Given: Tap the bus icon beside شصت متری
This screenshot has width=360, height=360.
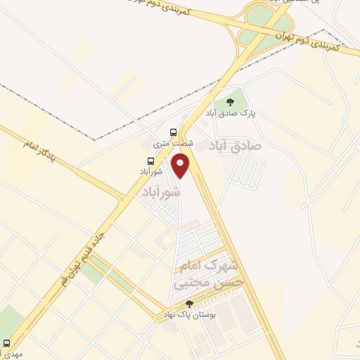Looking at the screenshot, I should tap(173, 131).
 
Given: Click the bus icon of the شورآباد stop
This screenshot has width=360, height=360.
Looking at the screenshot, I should tap(141, 160).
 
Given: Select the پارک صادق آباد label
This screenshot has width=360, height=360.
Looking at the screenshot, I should tap(231, 113).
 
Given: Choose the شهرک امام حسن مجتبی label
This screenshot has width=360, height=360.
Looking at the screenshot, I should tap(210, 274).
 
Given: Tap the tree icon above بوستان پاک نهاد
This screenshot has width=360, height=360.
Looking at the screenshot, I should tap(189, 304).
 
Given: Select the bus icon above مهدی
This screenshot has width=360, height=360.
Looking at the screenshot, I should tap(7, 344).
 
